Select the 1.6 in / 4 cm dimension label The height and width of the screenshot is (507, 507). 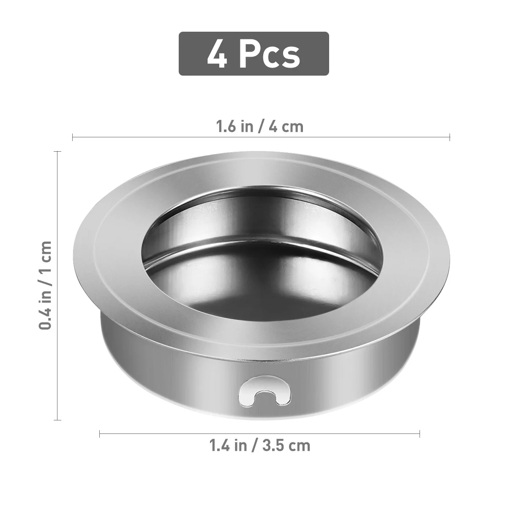pos(259,126)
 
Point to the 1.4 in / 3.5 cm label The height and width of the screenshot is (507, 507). pos(259,445)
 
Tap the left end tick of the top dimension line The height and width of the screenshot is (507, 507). pos(73,137)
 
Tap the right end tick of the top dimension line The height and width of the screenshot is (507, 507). pos(450,137)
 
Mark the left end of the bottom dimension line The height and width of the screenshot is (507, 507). pos(100,433)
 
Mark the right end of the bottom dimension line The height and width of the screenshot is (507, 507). pos(420,433)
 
